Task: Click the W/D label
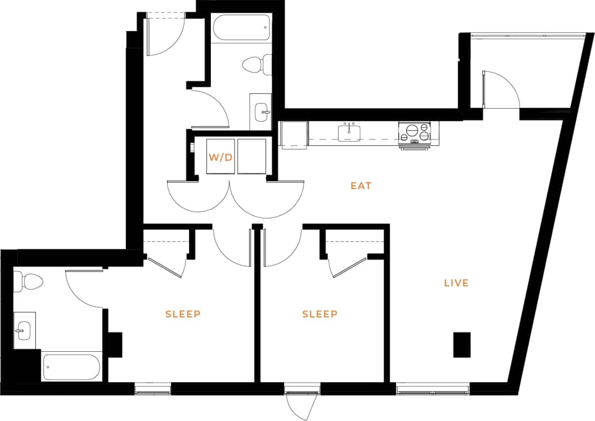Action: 220,157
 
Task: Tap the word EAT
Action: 361,185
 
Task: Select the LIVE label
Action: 456,283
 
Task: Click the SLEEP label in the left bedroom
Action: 183,314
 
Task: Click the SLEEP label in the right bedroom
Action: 320,314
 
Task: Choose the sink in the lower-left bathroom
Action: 24,330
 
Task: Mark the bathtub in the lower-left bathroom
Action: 71,367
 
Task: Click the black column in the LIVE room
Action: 462,344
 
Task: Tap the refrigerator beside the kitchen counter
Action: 294,135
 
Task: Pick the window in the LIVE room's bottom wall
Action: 432,389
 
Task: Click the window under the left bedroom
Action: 152,389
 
